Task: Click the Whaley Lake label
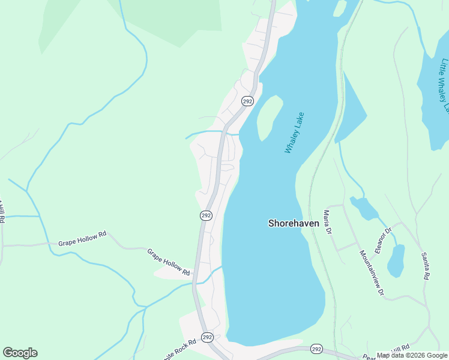pyautogui.click(x=295, y=133)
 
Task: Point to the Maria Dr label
pyautogui.click(x=327, y=221)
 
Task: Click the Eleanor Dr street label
pyautogui.click(x=383, y=239)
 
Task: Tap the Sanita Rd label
pyautogui.click(x=426, y=268)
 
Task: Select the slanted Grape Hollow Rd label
pyautogui.click(x=167, y=262)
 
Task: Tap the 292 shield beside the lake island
pyautogui.click(x=247, y=101)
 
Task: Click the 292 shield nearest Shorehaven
pyautogui.click(x=206, y=215)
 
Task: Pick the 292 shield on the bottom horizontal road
pyautogui.click(x=317, y=349)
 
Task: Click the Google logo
pyautogui.click(x=20, y=353)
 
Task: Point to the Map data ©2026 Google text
pyautogui.click(x=411, y=355)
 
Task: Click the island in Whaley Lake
pyautogui.click(x=270, y=116)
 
